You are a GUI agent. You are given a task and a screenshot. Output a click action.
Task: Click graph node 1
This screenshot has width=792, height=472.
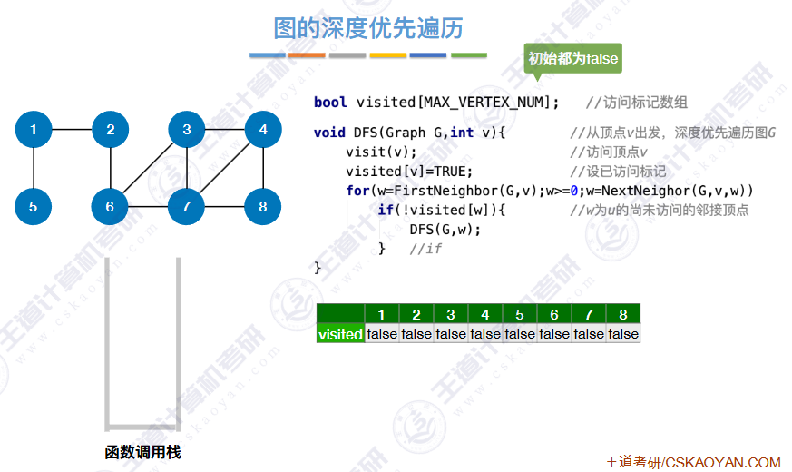[x=34, y=130]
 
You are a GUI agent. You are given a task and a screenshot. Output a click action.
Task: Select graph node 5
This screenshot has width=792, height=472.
[x=34, y=206]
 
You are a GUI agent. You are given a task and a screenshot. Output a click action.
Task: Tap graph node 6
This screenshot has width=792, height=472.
[x=110, y=206]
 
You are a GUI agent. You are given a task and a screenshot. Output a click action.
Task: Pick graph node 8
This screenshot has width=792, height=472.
[x=263, y=206]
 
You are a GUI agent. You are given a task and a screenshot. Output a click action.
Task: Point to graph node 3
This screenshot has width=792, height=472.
[x=187, y=130]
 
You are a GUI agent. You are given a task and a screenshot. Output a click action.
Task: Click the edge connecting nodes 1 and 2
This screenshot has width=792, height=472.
[x=72, y=130]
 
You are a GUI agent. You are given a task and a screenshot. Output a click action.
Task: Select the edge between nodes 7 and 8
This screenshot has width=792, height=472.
[x=225, y=206]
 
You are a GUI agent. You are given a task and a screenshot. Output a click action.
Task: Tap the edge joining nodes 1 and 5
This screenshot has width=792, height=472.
[x=34, y=168]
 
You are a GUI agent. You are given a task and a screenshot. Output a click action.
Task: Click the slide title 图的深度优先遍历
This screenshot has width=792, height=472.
[x=368, y=28]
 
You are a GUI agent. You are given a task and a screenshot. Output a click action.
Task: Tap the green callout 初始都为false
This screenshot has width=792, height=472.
[x=572, y=59]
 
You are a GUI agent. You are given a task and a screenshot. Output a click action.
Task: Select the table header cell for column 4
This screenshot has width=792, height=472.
[x=485, y=315]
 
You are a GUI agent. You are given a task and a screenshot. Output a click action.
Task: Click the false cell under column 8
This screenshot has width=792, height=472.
[x=623, y=334]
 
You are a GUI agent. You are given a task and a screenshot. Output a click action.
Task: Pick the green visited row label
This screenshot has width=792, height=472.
[x=340, y=334]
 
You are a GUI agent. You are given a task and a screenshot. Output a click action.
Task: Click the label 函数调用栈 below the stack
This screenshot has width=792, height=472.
[x=142, y=451]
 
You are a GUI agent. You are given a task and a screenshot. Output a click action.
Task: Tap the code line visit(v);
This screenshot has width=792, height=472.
[x=381, y=152]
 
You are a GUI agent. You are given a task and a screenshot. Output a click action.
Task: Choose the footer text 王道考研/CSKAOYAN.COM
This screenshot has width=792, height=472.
[x=692, y=462]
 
